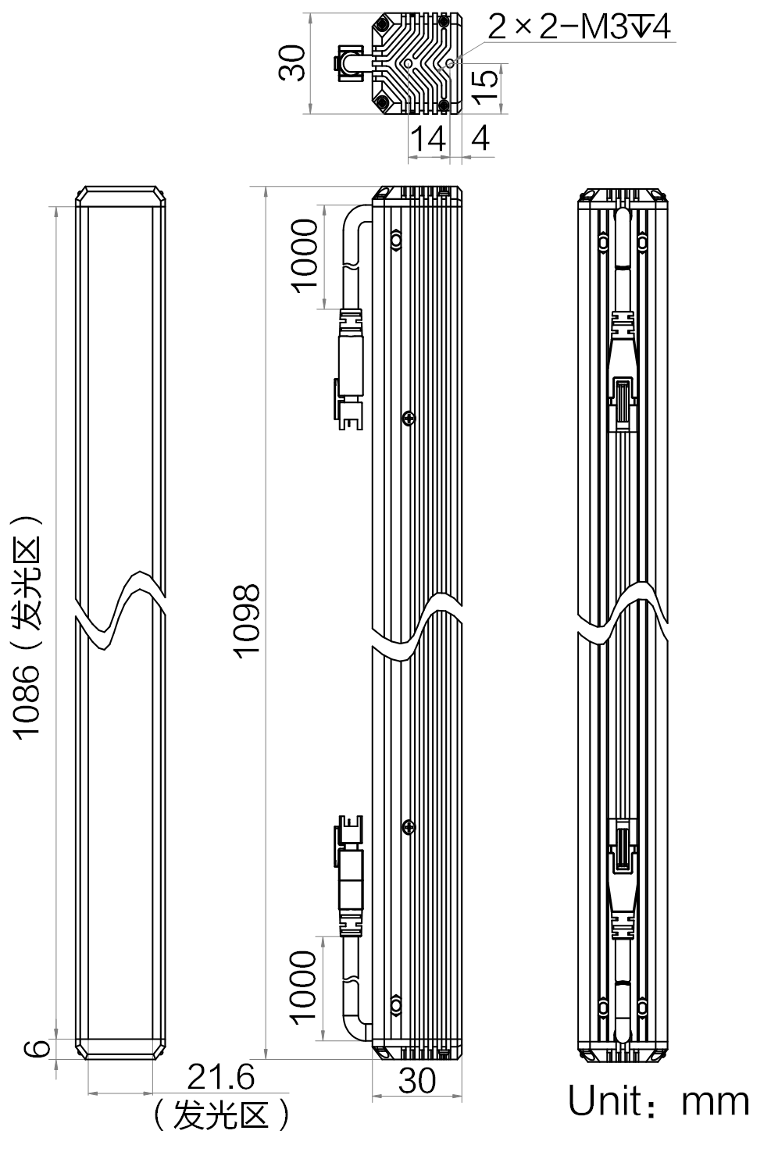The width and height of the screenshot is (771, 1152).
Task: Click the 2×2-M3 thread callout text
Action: (579, 27)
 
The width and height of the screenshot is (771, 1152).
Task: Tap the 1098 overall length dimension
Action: (246, 621)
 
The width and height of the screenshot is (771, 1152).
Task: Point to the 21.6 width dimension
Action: (220, 1077)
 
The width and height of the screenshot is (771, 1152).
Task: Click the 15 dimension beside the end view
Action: (484, 86)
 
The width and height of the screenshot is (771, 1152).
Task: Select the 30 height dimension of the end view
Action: (291, 62)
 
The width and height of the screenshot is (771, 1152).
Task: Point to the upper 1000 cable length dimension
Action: (305, 255)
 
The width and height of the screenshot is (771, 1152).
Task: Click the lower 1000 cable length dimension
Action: (303, 988)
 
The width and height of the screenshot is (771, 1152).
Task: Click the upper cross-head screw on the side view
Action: (409, 419)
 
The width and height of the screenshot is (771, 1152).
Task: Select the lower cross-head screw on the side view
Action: (409, 827)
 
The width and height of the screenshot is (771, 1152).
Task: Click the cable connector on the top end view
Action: (349, 63)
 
